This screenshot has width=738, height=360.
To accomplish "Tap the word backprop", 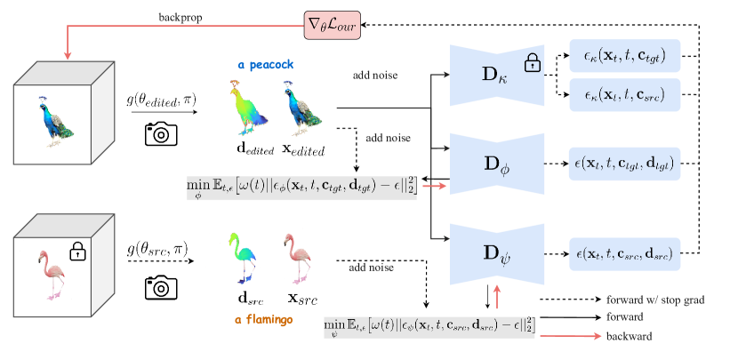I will pos(180,17).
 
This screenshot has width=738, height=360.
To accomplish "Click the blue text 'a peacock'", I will pos(265,65).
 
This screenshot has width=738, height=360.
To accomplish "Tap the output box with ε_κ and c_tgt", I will pos(624,57).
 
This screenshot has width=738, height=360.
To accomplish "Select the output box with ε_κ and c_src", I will pos(624,94).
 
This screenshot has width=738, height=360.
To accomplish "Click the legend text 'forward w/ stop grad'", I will pos(655,300).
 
